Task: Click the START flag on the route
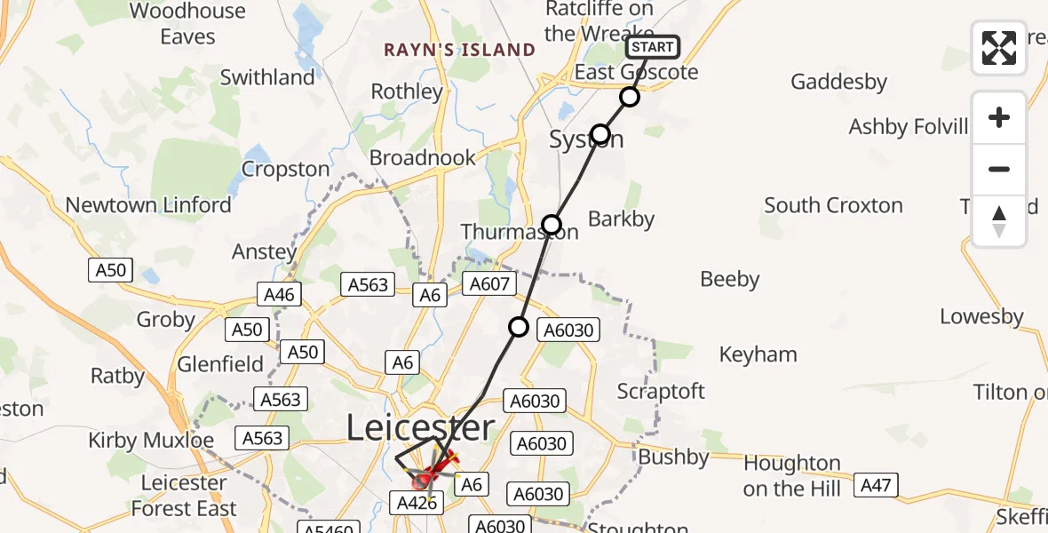(x=653, y=47)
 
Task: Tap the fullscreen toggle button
(x=999, y=48)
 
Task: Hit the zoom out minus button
(x=999, y=169)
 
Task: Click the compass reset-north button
(x=999, y=220)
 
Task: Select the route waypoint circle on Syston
(x=600, y=134)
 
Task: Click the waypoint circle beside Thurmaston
(x=552, y=225)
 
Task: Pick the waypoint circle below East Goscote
(x=630, y=97)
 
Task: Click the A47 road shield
(x=876, y=485)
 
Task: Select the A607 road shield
(x=488, y=283)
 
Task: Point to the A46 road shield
(x=278, y=294)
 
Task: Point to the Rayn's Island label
(x=459, y=50)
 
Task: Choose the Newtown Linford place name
(x=148, y=205)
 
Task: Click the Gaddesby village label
(x=838, y=82)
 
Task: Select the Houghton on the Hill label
(x=792, y=475)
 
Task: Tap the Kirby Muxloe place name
(x=151, y=441)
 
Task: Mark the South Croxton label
(x=833, y=205)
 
